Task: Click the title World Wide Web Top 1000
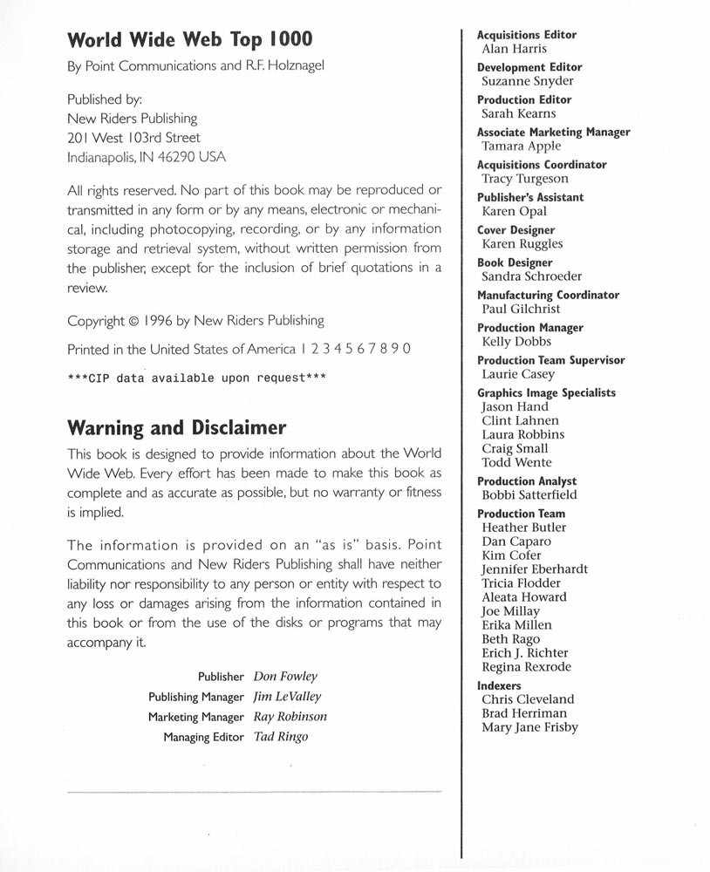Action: [189, 40]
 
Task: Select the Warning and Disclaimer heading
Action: [176, 428]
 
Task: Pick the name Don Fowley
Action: [285, 676]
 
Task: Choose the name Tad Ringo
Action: [280, 737]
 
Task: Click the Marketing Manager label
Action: [195, 717]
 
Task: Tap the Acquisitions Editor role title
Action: [526, 35]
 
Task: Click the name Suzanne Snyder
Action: [527, 81]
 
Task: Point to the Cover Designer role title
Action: [515, 230]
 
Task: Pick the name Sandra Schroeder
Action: [531, 276]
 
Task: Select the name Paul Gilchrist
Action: [521, 309]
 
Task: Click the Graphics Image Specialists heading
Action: [546, 392]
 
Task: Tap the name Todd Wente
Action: [516, 462]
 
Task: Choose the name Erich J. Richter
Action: [524, 653]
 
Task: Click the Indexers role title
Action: [499, 686]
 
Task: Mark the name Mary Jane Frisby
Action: [529, 727]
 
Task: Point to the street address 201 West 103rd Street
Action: [133, 138]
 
